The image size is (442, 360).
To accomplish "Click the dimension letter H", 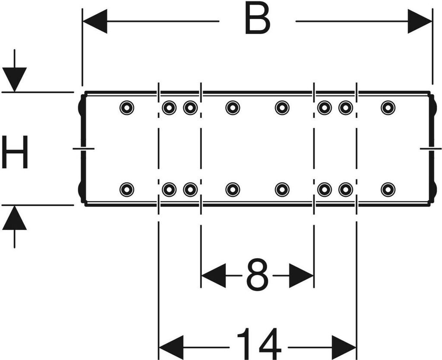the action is pos(15,152).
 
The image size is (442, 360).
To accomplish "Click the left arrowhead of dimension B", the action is pos(95,21).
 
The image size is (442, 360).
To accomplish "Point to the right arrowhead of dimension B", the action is pos(420,21).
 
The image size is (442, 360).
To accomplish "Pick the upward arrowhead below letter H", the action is pos(14,218).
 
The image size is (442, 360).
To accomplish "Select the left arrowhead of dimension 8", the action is pos(213,275).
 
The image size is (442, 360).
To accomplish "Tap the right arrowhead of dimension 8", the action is pos(301,275).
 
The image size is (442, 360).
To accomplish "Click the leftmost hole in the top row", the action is pos(126,107).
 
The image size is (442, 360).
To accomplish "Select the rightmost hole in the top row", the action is pos(388,107).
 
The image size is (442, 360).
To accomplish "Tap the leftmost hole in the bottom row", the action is pos(126,189).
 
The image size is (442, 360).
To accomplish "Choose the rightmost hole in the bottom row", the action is pos(388,189).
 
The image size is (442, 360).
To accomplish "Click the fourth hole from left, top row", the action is pos(233,107).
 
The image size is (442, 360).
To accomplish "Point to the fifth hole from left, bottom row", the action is pos(282,189).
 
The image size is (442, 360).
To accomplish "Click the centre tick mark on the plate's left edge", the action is pos(83,148).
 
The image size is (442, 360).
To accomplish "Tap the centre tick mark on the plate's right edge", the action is pos(430,148).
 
